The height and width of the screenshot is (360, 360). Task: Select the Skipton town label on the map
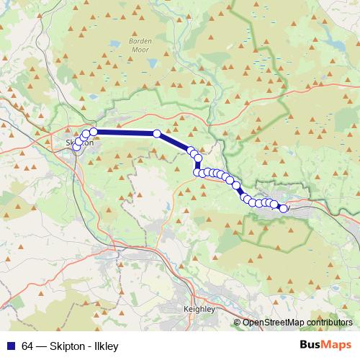(79, 143)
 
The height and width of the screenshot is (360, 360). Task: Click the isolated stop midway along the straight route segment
(156, 133)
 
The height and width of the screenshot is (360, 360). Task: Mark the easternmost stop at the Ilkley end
(283, 209)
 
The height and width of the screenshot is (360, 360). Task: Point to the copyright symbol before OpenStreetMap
(237, 323)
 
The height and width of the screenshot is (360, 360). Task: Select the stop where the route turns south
(198, 158)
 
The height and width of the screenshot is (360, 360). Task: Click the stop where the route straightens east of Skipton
(94, 132)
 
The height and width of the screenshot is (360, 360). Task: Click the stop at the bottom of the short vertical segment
(197, 171)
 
